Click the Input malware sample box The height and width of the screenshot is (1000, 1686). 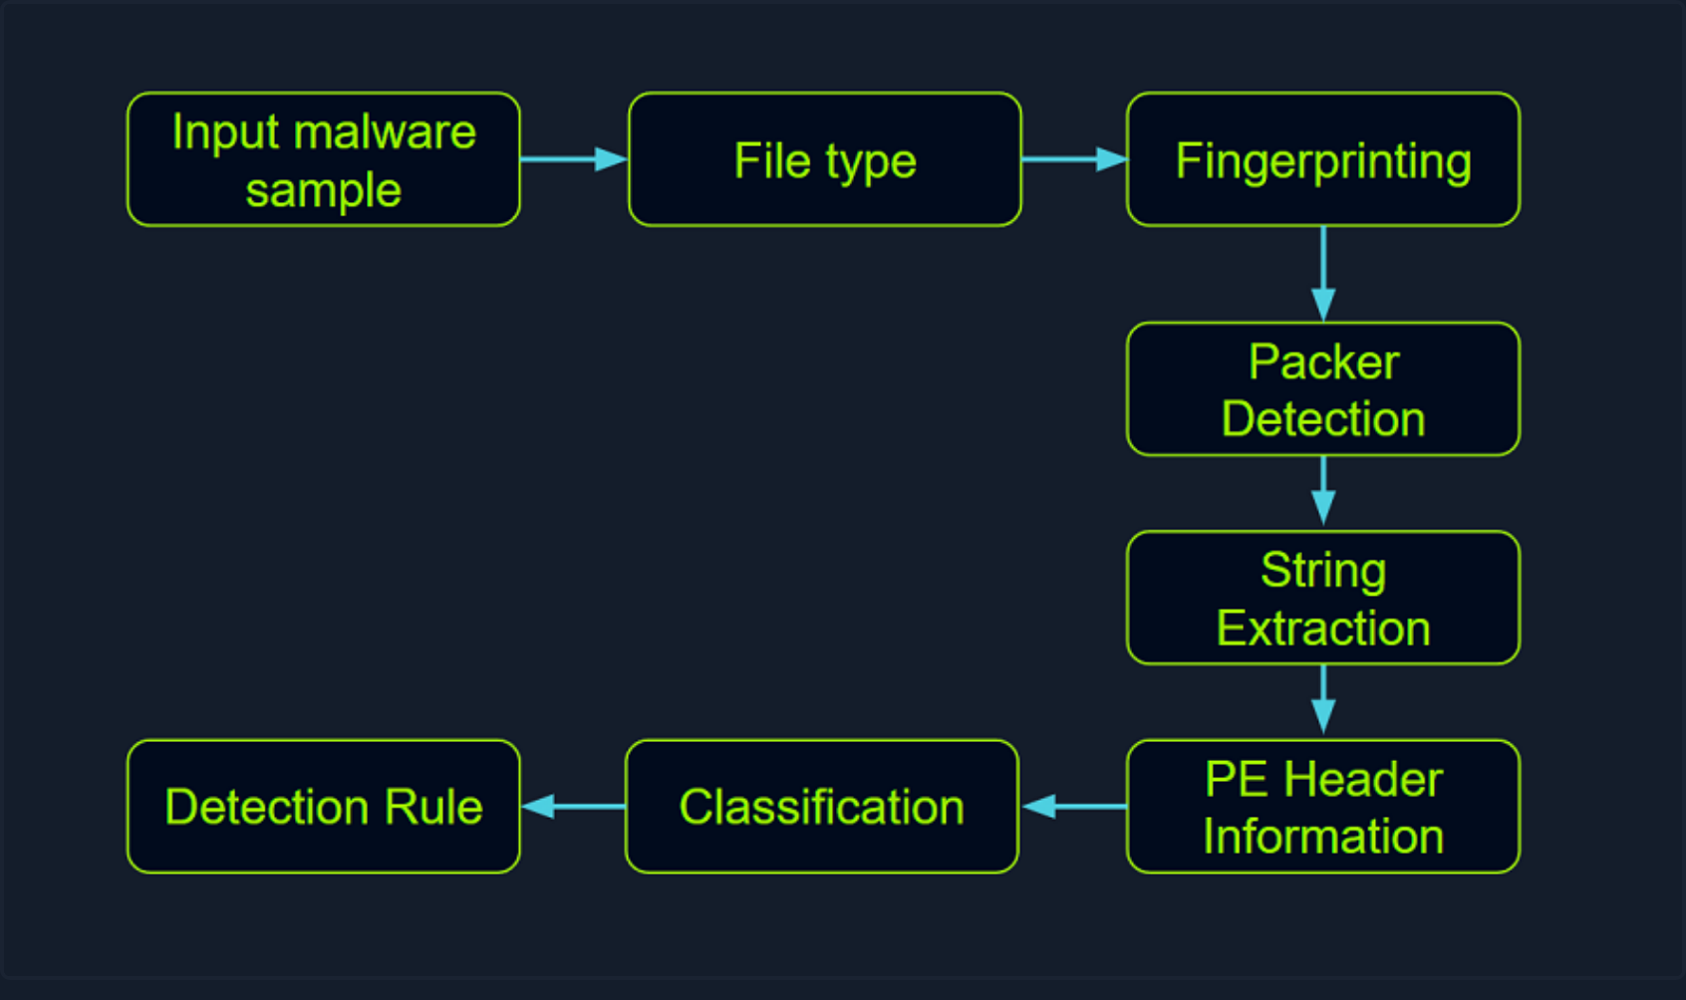pyautogui.click(x=323, y=159)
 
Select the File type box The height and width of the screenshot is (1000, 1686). pyautogui.click(x=824, y=159)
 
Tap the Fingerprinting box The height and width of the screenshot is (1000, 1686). pyautogui.click(x=1322, y=159)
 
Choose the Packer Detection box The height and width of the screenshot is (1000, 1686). pyautogui.click(x=1322, y=388)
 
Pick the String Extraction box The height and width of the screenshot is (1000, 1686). pyautogui.click(x=1322, y=598)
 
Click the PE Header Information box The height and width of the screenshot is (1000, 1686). pyautogui.click(x=1322, y=807)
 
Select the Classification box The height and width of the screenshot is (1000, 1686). pyautogui.click(x=821, y=807)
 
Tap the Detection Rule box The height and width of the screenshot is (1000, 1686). pyautogui.click(x=323, y=807)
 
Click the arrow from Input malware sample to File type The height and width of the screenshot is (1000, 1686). pyautogui.click(x=573, y=159)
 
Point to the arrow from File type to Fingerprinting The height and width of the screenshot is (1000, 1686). pyautogui.click(x=1073, y=159)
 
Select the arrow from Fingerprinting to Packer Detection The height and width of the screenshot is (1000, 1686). pyautogui.click(x=1322, y=273)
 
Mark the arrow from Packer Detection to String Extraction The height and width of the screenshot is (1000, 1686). pyautogui.click(x=1322, y=491)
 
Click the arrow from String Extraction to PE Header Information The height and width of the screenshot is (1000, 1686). pyautogui.click(x=1322, y=700)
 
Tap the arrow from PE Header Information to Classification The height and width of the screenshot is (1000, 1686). pyautogui.click(x=1073, y=807)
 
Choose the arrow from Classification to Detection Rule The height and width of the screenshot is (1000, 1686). pyautogui.click(x=573, y=807)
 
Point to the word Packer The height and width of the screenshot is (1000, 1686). pyautogui.click(x=1323, y=363)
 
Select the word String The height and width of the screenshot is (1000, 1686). pyautogui.click(x=1323, y=572)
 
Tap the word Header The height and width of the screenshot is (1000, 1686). pyautogui.click(x=1363, y=780)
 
